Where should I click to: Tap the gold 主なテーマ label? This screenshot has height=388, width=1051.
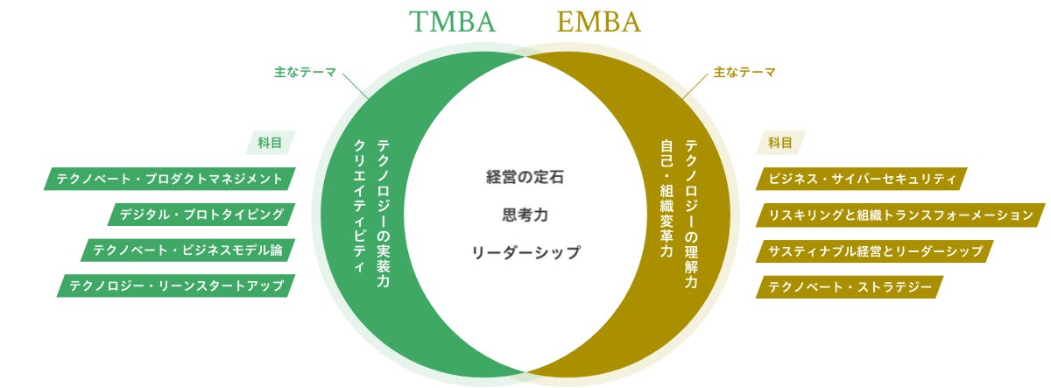[x=744, y=73]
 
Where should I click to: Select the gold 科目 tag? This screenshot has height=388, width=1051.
[x=780, y=143]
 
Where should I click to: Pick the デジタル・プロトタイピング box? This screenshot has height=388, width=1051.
[x=202, y=215]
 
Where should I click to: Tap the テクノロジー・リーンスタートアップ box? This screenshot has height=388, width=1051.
[x=176, y=286]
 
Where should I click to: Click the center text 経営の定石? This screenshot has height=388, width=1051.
[x=525, y=176]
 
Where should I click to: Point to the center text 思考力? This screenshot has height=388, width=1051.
[x=525, y=214]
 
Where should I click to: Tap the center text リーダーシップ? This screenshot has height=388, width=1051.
[x=525, y=252]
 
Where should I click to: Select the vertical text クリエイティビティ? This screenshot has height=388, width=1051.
[x=358, y=207]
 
